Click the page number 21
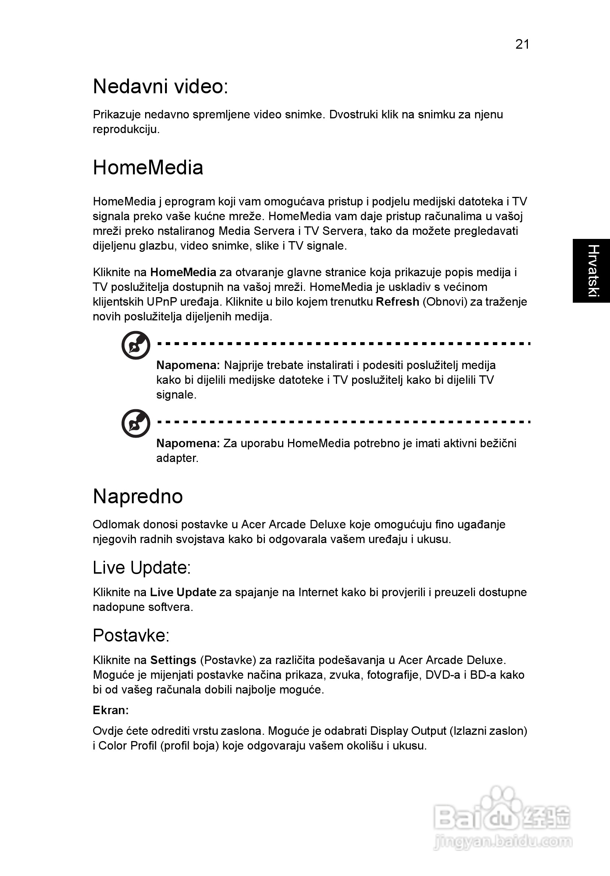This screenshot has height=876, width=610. click(x=522, y=45)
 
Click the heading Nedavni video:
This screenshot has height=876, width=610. click(x=161, y=86)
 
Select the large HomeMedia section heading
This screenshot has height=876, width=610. click(x=148, y=167)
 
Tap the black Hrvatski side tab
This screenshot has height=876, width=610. click(x=592, y=271)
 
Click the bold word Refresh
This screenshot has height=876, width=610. click(x=397, y=302)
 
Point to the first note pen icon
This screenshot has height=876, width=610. click(x=136, y=345)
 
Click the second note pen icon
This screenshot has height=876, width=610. click(x=136, y=424)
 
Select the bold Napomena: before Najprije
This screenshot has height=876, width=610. click(x=188, y=365)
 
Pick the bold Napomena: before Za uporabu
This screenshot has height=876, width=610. click(x=188, y=443)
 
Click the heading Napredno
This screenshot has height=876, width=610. click(x=138, y=496)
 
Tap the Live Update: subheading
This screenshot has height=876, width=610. click(x=141, y=567)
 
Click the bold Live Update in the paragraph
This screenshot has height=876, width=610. click(x=183, y=592)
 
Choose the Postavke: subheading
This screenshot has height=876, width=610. click(x=131, y=635)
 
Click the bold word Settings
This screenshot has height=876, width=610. click(x=173, y=660)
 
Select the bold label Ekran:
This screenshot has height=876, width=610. click(x=111, y=710)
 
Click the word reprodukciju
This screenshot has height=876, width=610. click(x=126, y=129)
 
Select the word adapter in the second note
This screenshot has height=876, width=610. click(x=177, y=458)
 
